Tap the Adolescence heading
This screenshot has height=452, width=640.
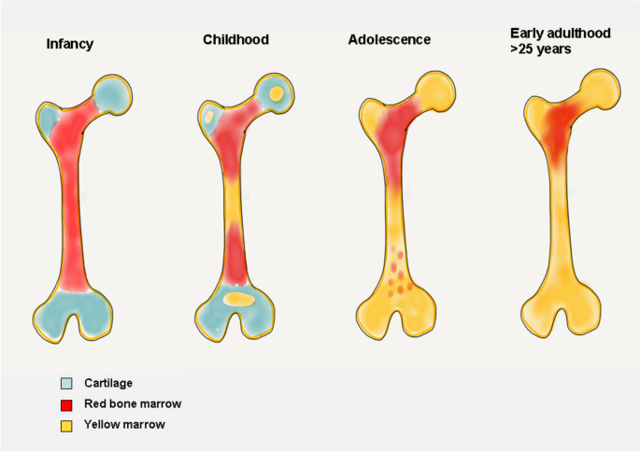coord(389,40)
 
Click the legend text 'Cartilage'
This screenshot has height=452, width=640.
coord(107,383)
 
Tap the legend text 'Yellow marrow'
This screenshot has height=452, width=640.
coord(120,425)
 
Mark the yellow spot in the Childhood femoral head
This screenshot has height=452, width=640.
coord(276,92)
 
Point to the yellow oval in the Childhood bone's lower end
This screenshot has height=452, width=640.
coord(239,300)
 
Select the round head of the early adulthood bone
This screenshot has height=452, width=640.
coord(596,88)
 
